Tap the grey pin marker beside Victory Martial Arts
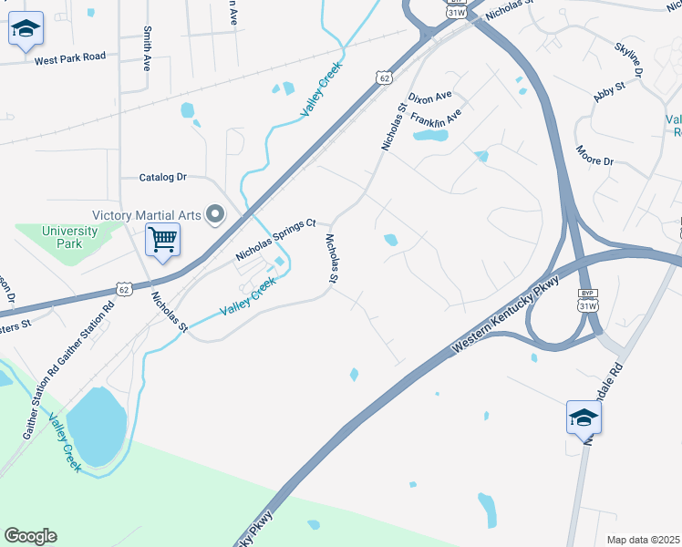(x=215, y=215)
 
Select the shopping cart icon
(x=163, y=241)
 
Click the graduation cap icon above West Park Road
(x=26, y=31)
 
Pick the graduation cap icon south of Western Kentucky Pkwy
(x=584, y=418)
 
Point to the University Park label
(x=69, y=237)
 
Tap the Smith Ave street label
(x=146, y=48)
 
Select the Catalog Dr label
(x=162, y=177)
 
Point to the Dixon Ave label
(x=430, y=97)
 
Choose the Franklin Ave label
(x=436, y=119)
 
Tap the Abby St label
(x=608, y=91)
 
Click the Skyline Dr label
(x=629, y=58)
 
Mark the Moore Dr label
(x=594, y=155)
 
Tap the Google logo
(x=30, y=536)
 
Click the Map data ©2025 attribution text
(x=643, y=540)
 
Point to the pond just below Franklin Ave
(x=430, y=136)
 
